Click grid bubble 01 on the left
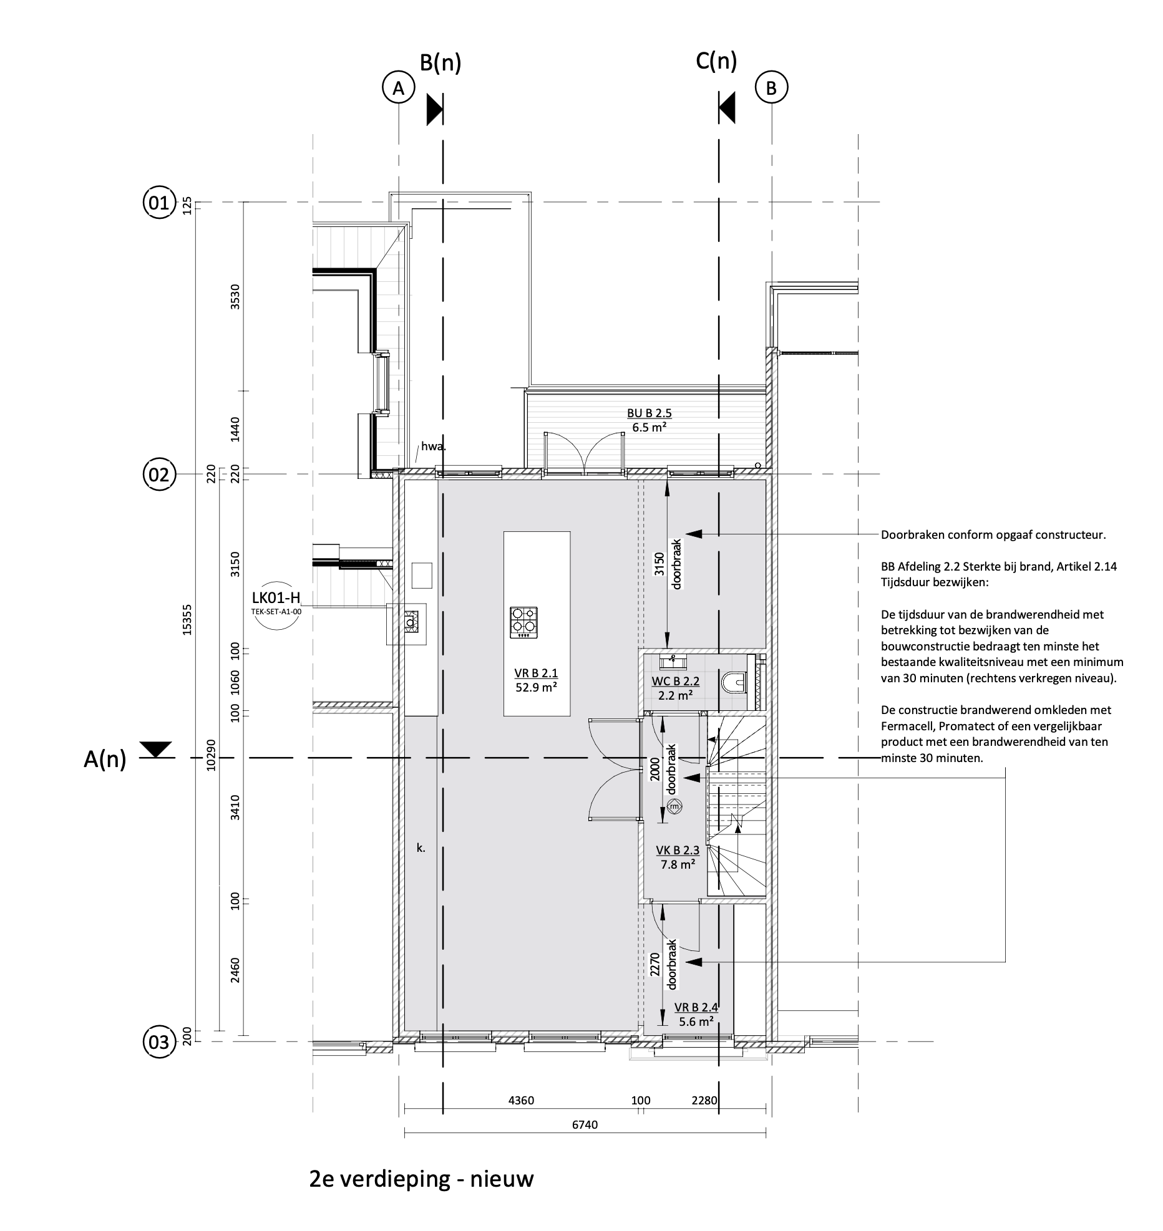click(159, 203)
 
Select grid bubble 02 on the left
click(159, 475)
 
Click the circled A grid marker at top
click(398, 88)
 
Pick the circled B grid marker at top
click(772, 88)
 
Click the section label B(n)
click(440, 62)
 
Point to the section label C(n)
click(716, 61)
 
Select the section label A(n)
click(105, 760)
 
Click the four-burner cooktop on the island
click(524, 622)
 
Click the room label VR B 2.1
click(536, 673)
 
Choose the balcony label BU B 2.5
click(650, 413)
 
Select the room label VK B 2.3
click(678, 850)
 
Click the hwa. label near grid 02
click(434, 446)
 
